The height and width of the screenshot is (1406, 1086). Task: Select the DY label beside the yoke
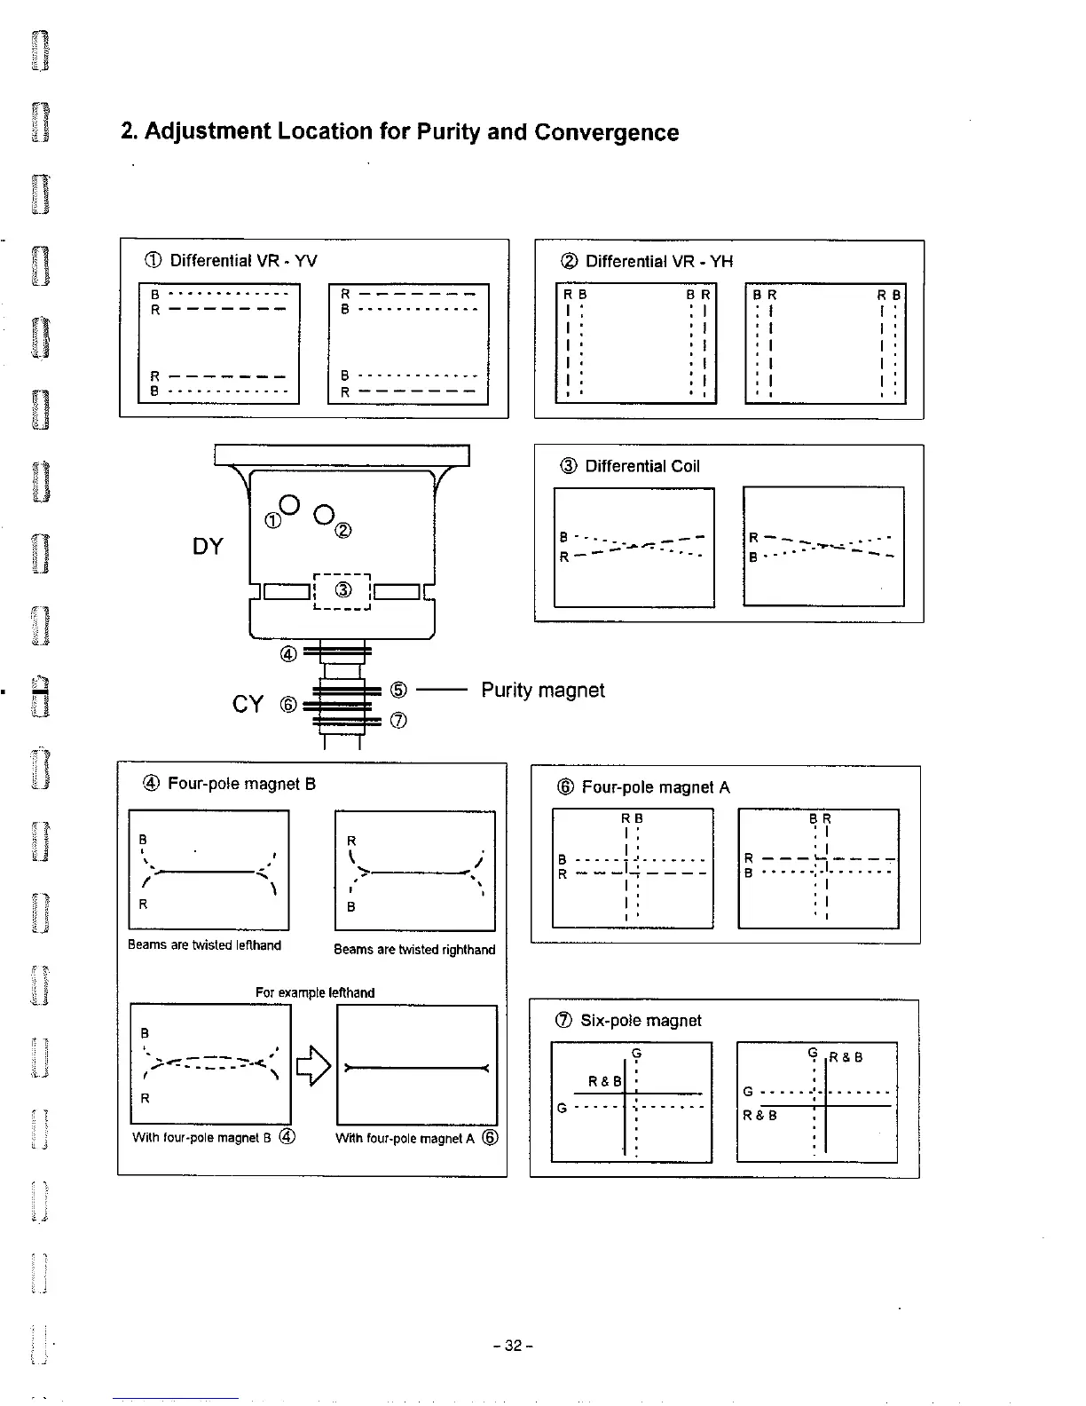tap(208, 547)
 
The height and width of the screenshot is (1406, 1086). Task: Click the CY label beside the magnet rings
tap(248, 705)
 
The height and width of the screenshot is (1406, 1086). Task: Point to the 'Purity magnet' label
tap(542, 691)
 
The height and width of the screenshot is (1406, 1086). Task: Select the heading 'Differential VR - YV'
tap(242, 261)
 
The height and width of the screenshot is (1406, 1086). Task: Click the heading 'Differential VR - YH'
tap(658, 262)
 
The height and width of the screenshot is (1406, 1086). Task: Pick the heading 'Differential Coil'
tap(641, 467)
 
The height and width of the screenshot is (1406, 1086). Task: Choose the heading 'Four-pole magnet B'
tap(241, 784)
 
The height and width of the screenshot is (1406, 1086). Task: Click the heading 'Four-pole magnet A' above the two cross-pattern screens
tap(655, 787)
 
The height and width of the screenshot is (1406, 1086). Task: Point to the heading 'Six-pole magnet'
tap(640, 1021)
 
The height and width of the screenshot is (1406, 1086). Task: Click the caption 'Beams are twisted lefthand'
tap(204, 945)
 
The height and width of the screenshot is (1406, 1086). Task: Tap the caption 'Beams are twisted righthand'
tap(414, 950)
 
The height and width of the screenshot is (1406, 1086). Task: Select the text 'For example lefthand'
tap(315, 992)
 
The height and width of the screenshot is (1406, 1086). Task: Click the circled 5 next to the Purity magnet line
tap(398, 690)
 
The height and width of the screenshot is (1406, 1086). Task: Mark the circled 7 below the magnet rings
tap(398, 721)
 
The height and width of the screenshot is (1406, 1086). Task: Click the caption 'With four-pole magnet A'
tap(407, 1139)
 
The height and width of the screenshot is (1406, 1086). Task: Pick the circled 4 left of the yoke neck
tap(287, 655)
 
